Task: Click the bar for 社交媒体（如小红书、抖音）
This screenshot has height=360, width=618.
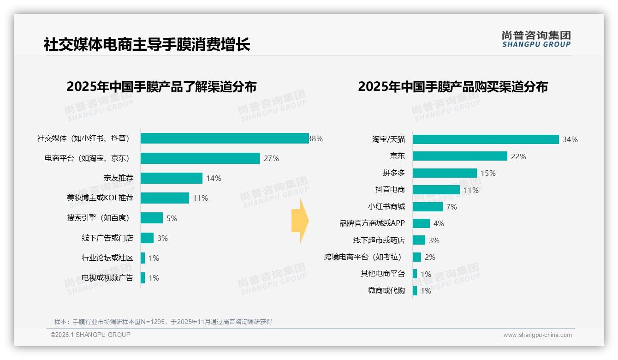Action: [x=225, y=138]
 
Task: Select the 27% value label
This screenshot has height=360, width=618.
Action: [x=271, y=158]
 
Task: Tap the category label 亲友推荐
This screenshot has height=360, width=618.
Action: [x=119, y=178]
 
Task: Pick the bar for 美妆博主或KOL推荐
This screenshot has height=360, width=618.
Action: [x=165, y=198]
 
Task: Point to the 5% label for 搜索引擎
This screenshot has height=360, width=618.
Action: [x=172, y=218]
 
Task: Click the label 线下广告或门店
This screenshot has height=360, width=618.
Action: [x=107, y=238]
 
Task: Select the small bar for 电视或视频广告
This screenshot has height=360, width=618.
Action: [x=143, y=278]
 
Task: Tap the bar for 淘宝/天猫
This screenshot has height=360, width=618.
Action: [x=486, y=139]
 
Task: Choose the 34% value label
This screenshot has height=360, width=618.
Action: [x=570, y=139]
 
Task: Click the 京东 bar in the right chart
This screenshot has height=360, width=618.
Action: [x=460, y=156]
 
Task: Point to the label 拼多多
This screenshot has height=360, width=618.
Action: [x=394, y=173]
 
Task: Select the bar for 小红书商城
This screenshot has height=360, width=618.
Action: [x=428, y=207]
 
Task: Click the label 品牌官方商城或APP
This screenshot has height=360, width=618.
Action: [x=372, y=223]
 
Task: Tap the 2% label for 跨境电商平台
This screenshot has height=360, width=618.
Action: [x=430, y=257]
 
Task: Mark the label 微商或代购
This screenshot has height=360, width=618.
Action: [x=386, y=291]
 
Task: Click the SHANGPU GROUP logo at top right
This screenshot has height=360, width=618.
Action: [x=536, y=39]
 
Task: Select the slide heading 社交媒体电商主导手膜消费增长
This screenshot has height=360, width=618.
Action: [x=147, y=45]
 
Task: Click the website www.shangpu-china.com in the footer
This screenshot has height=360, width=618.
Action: [x=537, y=335]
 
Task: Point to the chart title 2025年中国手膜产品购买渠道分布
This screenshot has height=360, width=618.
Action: [x=452, y=87]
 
